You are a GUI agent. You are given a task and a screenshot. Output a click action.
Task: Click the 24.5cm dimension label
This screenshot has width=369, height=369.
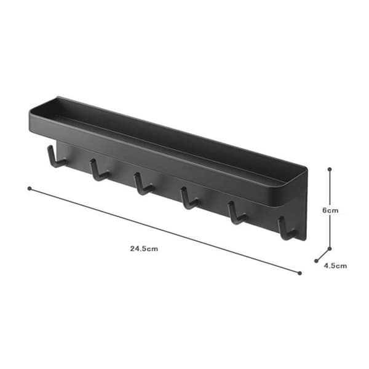tap(144, 248)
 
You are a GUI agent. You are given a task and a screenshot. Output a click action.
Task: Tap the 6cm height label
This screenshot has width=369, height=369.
tap(330, 210)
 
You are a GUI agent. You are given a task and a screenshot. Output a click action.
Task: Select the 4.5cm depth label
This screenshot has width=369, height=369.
tap(335, 266)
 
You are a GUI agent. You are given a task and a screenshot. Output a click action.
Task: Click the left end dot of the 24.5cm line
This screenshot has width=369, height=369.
tap(30, 189)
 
